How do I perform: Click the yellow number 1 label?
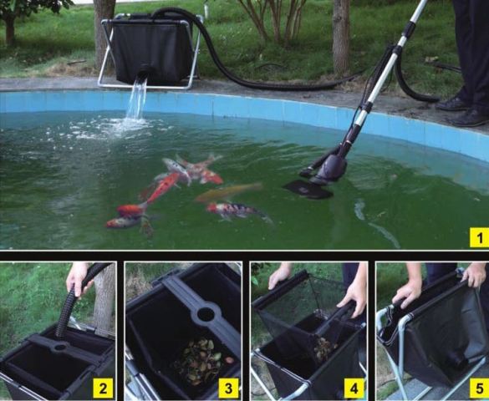coord(479,237)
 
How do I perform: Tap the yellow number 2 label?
coord(103,388)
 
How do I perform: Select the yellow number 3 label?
coord(228,388)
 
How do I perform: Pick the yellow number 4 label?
coord(354,388)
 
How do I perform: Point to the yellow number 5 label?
coord(479,388)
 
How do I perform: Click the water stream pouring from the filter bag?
coord(136,99)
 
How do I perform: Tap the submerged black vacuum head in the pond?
coord(308,190)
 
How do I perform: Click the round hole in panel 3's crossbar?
coord(206,314)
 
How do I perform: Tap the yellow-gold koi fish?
coord(228,192)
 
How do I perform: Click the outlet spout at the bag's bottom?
coord(144,74)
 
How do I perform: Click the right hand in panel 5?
coord(475,275)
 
